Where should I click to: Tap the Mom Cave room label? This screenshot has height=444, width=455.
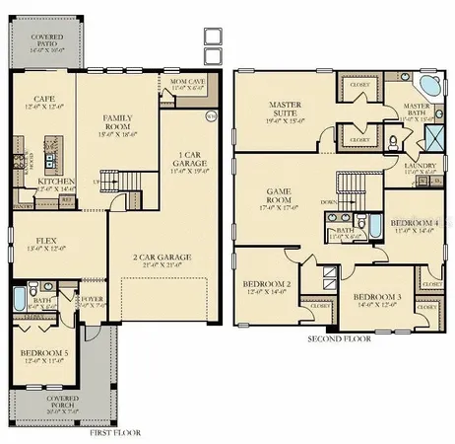point(185,84)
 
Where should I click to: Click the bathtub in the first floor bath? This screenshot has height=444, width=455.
point(19,299)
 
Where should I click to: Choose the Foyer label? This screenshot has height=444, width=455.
point(93,300)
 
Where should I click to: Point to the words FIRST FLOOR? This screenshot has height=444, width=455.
point(114,432)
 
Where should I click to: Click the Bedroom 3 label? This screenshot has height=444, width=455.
point(377,298)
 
